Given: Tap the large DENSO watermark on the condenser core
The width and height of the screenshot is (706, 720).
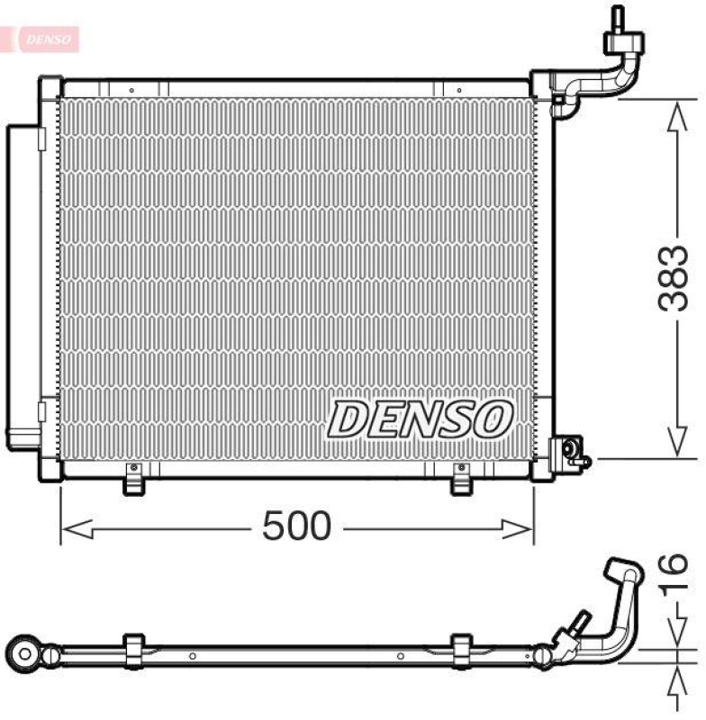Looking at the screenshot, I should [x=420, y=419].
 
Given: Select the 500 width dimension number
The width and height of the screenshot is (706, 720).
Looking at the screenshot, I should [x=296, y=526].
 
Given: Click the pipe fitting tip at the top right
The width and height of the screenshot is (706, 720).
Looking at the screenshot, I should [x=619, y=17].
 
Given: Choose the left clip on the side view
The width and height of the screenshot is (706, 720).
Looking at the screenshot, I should [x=132, y=651].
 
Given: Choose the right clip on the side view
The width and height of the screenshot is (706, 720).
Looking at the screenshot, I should [x=461, y=651].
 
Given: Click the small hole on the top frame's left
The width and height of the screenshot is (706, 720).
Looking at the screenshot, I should [x=131, y=90].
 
